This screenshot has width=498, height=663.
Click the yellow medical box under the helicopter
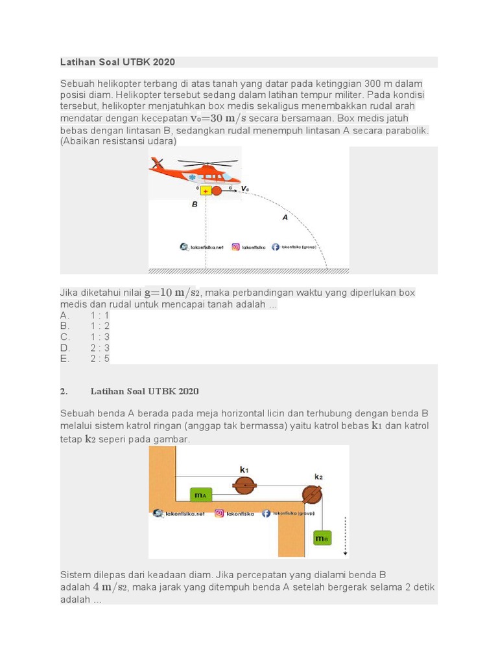tap(206, 190)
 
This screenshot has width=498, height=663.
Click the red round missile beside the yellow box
tap(217, 190)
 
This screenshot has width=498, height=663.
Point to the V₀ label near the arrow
tap(244, 188)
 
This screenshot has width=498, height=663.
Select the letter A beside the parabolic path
tap(285, 218)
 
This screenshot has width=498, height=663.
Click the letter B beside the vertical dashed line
tap(194, 204)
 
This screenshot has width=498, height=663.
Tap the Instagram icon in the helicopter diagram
tap(235, 247)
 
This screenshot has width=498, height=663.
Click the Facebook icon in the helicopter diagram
tap(276, 247)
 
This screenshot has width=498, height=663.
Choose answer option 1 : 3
tap(100, 337)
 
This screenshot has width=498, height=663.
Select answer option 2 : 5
tap(100, 358)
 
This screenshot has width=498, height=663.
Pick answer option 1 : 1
tap(100, 315)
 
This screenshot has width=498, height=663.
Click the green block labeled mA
tap(201, 495)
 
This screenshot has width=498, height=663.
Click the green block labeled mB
tap(322, 537)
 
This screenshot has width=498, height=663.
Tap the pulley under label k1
tap(244, 485)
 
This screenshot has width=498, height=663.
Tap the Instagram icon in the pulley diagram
tap(219, 513)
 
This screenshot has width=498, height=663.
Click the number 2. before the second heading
tap(64, 391)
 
